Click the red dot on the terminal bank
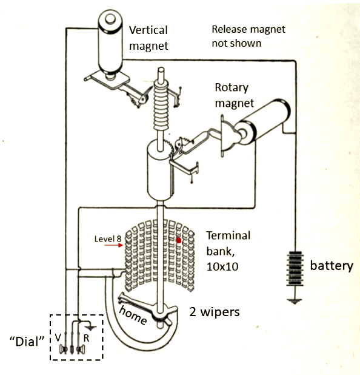[x=178, y=240]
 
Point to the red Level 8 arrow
[x=114, y=245]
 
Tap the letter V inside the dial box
[x=58, y=337]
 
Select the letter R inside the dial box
[x=86, y=338]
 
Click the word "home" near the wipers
[x=133, y=316]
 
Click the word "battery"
[x=332, y=266]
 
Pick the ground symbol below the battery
[x=295, y=301]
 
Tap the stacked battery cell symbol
[x=295, y=269]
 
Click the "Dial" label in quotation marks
[x=27, y=342]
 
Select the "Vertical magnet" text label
[x=148, y=38]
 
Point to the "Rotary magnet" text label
[x=234, y=96]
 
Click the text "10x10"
[x=222, y=267]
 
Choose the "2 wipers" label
[x=215, y=312]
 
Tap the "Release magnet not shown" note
[x=248, y=36]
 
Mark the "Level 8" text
[x=108, y=238]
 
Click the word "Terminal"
[x=228, y=235]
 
